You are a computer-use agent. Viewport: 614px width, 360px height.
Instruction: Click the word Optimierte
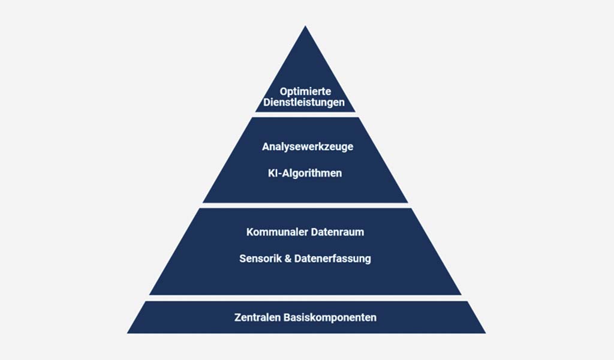[x=305, y=92]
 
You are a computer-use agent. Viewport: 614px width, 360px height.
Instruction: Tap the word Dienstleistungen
[x=304, y=103]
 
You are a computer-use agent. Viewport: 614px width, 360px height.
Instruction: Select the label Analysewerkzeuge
[x=308, y=147]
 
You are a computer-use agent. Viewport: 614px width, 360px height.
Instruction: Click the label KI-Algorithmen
[x=305, y=173]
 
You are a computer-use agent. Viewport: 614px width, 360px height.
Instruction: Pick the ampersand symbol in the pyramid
[x=288, y=259]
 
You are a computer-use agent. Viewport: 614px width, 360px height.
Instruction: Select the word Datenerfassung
[x=333, y=259]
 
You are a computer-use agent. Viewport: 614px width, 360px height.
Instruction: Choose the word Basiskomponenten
[x=330, y=317]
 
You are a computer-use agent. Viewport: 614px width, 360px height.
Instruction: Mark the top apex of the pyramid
[x=305, y=26]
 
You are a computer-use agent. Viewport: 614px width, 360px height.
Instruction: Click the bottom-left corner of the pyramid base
[x=127, y=334]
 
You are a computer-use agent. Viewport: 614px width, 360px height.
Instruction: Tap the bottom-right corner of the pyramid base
[x=486, y=334]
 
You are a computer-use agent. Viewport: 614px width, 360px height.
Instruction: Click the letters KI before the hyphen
[x=273, y=173]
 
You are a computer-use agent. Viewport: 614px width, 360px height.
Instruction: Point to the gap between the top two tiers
[x=305, y=115]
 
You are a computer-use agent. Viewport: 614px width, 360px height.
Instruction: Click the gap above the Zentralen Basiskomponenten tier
[x=305, y=298]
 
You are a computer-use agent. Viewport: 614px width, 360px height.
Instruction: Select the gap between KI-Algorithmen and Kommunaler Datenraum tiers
[x=305, y=205]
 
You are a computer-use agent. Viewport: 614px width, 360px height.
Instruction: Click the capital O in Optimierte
[x=284, y=92]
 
